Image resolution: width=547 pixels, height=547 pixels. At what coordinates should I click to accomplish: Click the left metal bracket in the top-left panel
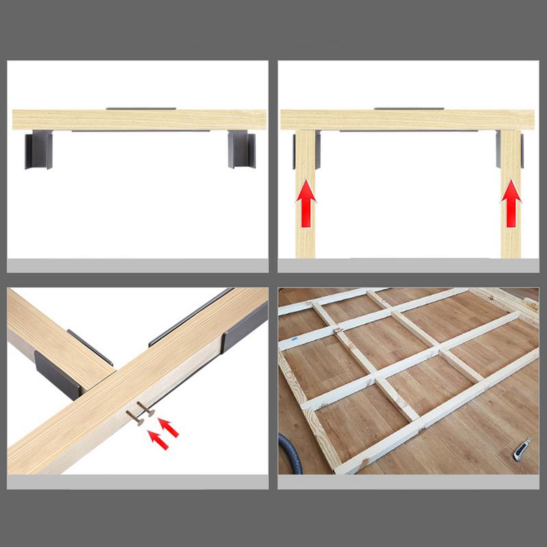click(x=38, y=150)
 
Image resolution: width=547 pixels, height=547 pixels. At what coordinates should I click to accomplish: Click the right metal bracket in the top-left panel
click(x=241, y=149)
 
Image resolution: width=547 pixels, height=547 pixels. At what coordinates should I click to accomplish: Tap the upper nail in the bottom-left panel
click(x=146, y=409)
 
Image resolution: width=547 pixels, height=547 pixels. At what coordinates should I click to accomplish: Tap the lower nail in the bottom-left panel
click(x=134, y=418)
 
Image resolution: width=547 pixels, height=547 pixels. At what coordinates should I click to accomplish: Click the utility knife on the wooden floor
click(x=522, y=449)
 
